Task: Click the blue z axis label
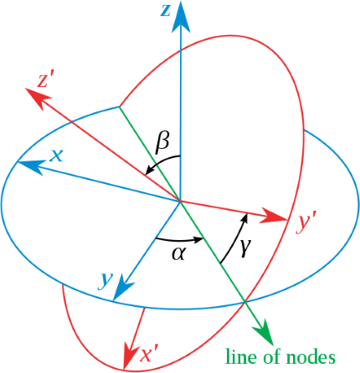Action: coord(165,11)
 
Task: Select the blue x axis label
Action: coord(56,156)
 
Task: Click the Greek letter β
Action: coord(162,142)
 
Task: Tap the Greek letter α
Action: coord(178,253)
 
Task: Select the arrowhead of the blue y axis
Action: coord(121,289)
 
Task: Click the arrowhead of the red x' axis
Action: coord(129,353)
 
